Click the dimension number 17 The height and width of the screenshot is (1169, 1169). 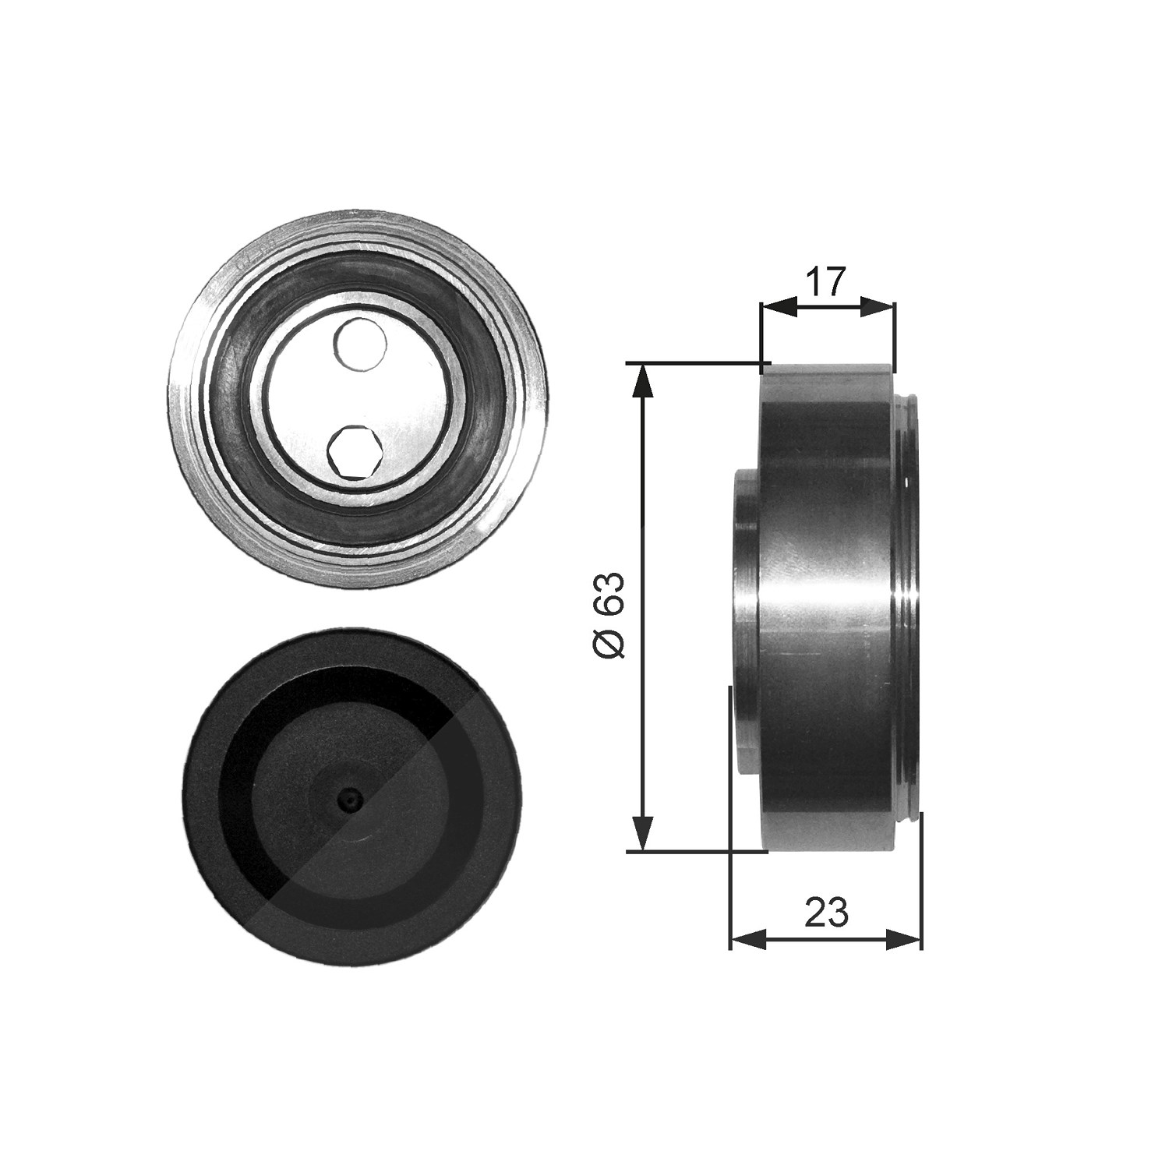click(826, 281)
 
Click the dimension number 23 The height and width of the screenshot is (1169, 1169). click(826, 912)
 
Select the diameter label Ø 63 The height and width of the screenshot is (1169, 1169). click(612, 616)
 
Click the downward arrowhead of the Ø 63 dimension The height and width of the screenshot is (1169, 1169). click(642, 832)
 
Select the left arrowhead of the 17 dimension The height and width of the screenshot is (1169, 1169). click(778, 307)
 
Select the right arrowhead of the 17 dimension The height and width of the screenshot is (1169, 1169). click(878, 307)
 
